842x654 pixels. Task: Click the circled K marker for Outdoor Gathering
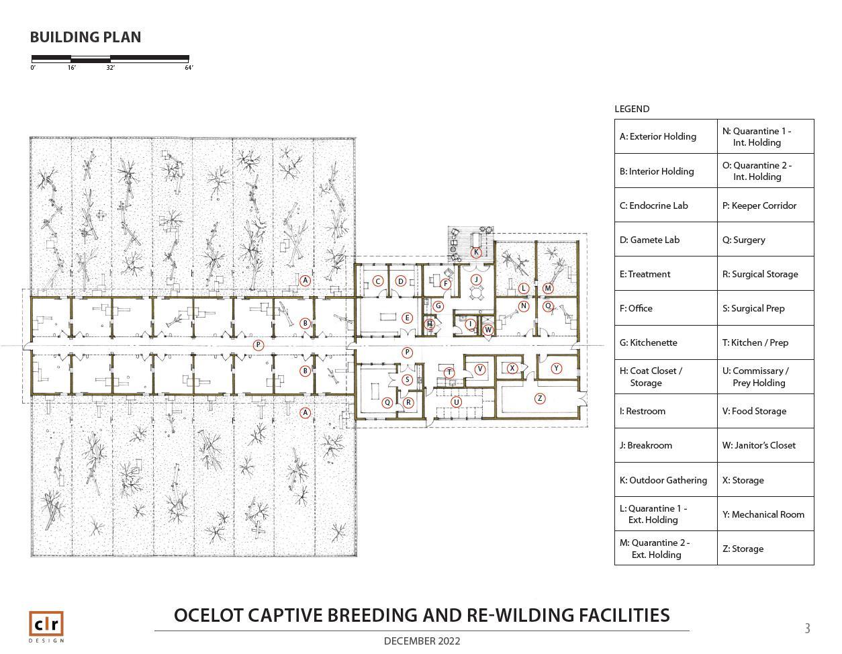pyautogui.click(x=476, y=252)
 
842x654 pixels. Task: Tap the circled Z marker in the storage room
pyautogui.click(x=539, y=399)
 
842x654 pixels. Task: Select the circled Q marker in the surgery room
pyautogui.click(x=387, y=403)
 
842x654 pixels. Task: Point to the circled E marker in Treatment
pyautogui.click(x=407, y=318)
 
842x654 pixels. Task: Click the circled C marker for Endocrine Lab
pyautogui.click(x=378, y=281)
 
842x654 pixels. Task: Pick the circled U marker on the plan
pyautogui.click(x=456, y=402)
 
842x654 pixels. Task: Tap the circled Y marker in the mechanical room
pyautogui.click(x=557, y=369)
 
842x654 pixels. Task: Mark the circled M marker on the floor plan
pyautogui.click(x=548, y=289)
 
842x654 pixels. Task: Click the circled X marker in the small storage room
pyautogui.click(x=512, y=368)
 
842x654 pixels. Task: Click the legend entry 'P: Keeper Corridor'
pyautogui.click(x=759, y=205)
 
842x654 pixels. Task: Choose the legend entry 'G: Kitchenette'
pyautogui.click(x=648, y=342)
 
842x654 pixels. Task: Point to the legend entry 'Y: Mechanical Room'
pyautogui.click(x=763, y=514)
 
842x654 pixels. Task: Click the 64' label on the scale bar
pyautogui.click(x=189, y=68)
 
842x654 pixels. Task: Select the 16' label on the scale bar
pyautogui.click(x=72, y=68)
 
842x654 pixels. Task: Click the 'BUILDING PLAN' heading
pyautogui.click(x=85, y=38)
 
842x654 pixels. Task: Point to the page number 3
pyautogui.click(x=807, y=628)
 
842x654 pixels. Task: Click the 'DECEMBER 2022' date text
pyautogui.click(x=422, y=641)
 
